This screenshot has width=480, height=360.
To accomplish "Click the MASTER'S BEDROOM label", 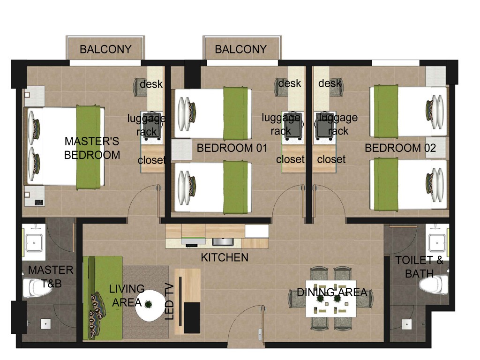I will [x=92, y=148].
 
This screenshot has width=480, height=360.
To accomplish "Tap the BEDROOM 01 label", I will [x=232, y=148].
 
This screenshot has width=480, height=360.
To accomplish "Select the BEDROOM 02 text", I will [x=400, y=148].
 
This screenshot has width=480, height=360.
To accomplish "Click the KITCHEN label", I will [x=224, y=257].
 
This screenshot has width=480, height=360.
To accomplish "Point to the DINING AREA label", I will [x=332, y=292].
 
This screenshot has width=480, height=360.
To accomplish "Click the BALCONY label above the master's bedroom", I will [x=105, y=49].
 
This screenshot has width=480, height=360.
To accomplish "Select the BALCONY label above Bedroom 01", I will [x=240, y=49].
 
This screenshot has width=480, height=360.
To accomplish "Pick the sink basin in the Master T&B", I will [x=34, y=242].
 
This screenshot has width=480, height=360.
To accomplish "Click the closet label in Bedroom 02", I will [x=331, y=159].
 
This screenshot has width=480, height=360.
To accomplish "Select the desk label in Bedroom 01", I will [x=289, y=83].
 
